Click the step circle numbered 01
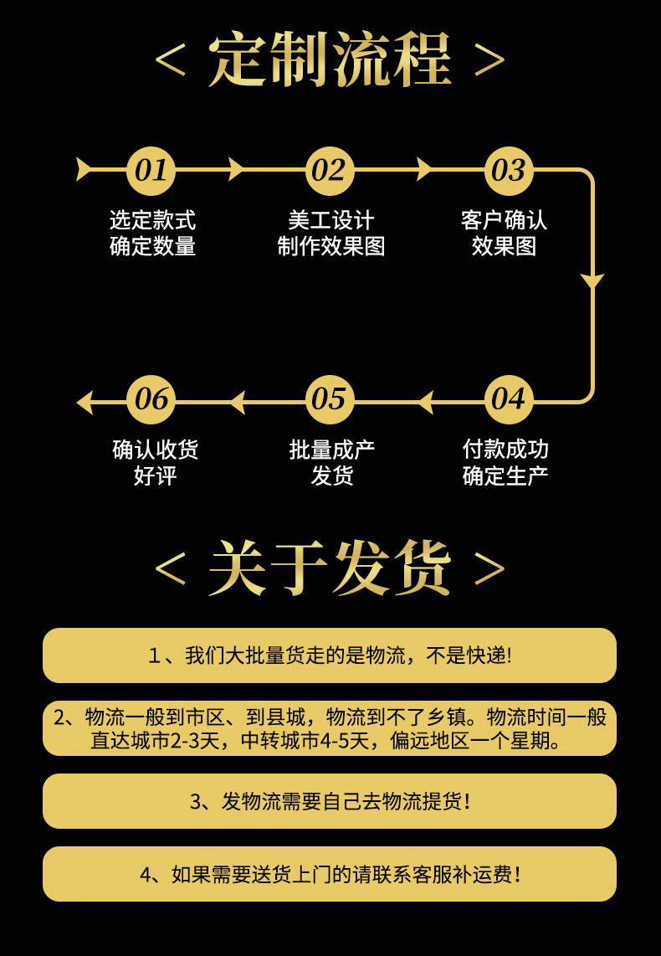coord(151,171)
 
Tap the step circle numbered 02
coord(330,171)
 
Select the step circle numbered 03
coord(508,171)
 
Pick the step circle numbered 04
coord(508,399)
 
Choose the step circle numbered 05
coord(330,399)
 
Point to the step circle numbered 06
coord(151,399)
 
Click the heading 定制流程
coord(330,60)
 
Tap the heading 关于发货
coord(330,568)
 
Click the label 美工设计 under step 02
coord(330,221)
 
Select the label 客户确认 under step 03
coord(504,221)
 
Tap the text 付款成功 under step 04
coord(505,450)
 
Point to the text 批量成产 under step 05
coord(331,450)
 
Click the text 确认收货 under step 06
coord(156,450)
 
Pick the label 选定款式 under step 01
coord(153,221)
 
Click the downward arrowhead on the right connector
coord(592,281)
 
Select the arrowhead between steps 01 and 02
coord(236,169)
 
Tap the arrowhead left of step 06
coord(85,402)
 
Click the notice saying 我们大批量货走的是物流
coord(330,655)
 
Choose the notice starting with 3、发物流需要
coord(330,801)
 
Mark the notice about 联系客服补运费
coord(330,874)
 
